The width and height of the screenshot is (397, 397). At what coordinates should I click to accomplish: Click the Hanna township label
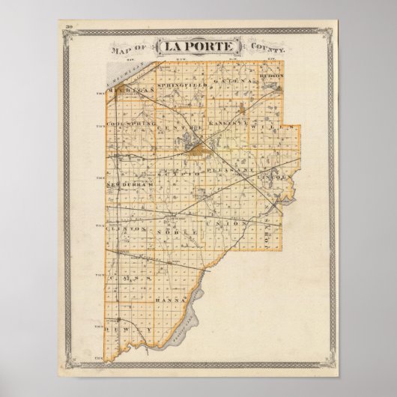coord(168,300)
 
